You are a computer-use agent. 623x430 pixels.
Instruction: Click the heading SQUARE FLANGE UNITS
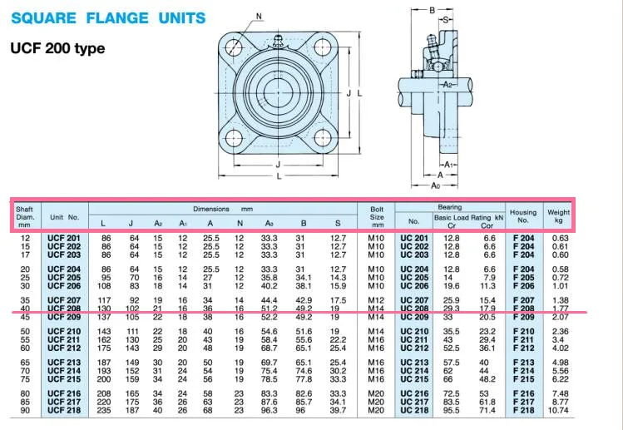tap(108, 18)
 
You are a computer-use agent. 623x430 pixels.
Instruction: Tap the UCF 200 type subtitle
tap(57, 48)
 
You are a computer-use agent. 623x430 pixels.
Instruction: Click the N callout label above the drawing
tap(259, 17)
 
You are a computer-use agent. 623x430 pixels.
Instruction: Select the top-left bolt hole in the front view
tap(234, 47)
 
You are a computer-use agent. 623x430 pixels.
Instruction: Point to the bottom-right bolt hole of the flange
tap(323, 138)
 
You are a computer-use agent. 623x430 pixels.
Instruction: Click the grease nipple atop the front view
tap(278, 40)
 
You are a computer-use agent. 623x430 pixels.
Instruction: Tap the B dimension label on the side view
tap(433, 10)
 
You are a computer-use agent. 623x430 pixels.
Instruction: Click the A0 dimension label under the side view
tap(436, 185)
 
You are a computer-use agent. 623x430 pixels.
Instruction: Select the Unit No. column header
tap(64, 217)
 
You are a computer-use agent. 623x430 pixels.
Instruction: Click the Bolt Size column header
tap(377, 217)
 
